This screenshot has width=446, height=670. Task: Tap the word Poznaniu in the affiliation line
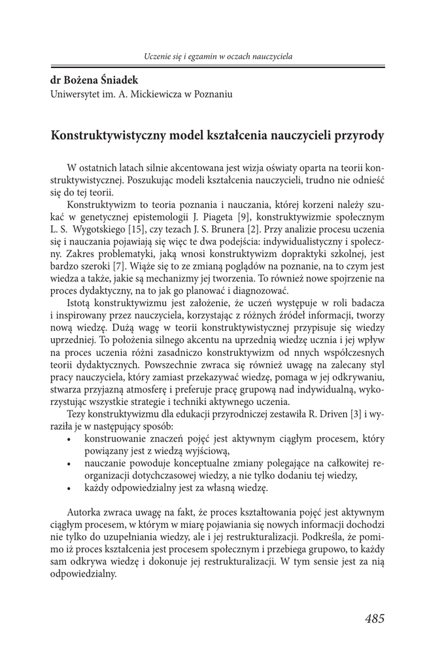(213, 94)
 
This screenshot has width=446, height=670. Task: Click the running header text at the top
(218, 56)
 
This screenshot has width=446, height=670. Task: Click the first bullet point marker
(69, 439)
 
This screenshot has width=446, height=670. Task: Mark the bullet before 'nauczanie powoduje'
(69, 464)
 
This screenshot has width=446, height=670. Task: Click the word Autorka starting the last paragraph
(83, 512)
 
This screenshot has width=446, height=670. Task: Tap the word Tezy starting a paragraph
(77, 414)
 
